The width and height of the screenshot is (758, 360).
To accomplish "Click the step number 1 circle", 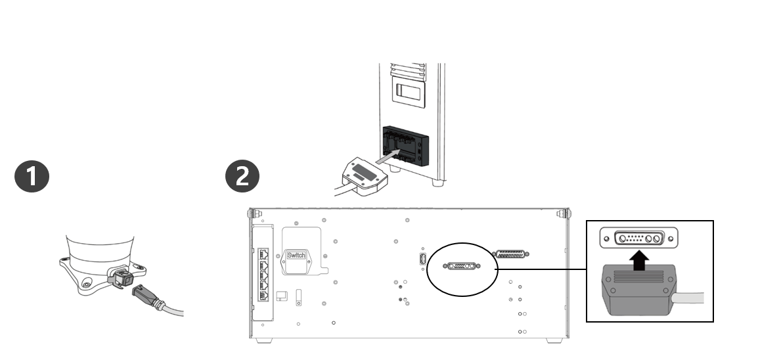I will coord(32,177).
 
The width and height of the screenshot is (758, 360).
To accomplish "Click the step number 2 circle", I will coord(242,177).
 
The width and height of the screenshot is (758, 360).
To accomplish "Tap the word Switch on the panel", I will coord(297,255).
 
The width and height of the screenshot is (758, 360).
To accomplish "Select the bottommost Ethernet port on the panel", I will coord(264,296).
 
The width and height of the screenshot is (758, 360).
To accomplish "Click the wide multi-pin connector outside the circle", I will coord(512,254).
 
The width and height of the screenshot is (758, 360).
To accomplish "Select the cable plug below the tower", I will coord(365,173).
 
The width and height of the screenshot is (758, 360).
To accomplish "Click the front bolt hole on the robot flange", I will coord(86,284).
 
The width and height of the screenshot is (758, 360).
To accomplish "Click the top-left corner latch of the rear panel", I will coord(252,214).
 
